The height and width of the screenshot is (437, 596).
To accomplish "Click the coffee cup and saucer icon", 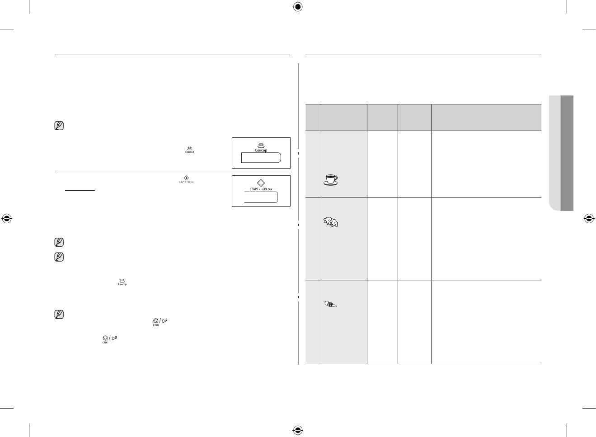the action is click(331, 180).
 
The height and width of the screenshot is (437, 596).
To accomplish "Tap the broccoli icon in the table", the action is click(331, 221).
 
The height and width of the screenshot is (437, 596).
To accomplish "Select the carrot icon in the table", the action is click(331, 305).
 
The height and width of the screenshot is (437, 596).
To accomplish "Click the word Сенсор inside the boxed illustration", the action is click(260, 150).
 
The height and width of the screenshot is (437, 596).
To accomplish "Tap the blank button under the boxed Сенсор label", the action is click(261, 157).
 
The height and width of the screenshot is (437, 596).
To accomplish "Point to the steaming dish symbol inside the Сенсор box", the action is click(261, 145).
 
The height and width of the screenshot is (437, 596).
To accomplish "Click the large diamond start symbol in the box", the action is click(261, 183).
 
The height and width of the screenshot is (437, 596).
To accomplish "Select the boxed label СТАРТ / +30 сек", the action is click(261, 189).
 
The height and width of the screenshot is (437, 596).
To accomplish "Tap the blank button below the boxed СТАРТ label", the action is click(261, 197).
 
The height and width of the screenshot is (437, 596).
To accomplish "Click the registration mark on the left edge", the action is click(7, 219).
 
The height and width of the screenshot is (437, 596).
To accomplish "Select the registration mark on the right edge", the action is click(588, 219).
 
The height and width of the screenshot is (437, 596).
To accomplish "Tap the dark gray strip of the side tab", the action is click(567, 153).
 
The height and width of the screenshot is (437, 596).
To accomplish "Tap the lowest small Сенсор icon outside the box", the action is click(122, 282).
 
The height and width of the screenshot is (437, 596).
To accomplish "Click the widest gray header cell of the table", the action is click(486, 117).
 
